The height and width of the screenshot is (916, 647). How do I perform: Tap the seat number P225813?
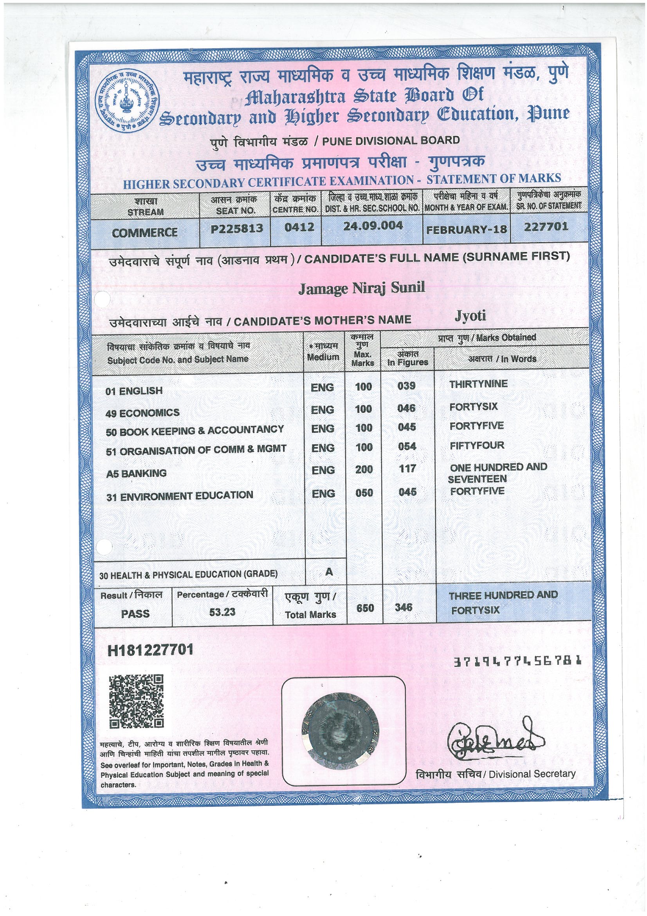pos(237,228)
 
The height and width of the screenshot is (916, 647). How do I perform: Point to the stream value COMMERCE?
pos(145,233)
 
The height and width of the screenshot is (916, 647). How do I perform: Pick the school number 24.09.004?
pos(373,226)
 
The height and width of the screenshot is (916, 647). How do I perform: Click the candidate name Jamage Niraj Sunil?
pos(362,288)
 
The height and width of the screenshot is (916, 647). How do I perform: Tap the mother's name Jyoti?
pos(470,316)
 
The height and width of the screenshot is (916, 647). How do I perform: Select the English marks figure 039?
pos(407,386)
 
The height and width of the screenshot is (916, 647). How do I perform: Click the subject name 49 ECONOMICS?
pos(143,413)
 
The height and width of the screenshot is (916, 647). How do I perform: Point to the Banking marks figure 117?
pos(407,468)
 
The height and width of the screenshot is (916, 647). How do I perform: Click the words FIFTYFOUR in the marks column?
pos(477,445)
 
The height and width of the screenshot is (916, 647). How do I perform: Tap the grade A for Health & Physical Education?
pos(329,572)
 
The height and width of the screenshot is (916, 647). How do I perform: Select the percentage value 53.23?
pos(222,612)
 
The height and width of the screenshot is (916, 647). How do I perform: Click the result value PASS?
pos(135,613)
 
